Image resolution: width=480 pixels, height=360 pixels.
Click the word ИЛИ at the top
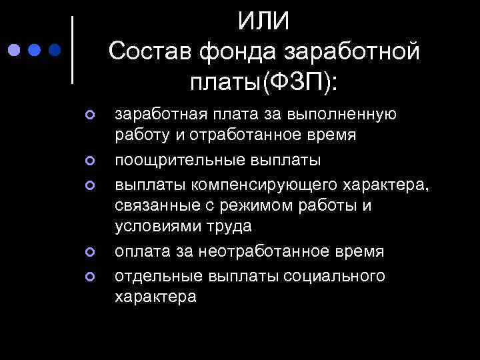[x=264, y=21]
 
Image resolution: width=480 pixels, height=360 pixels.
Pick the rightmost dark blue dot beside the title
[x=56, y=49]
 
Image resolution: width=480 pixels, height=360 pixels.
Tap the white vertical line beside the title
[x=72, y=49]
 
